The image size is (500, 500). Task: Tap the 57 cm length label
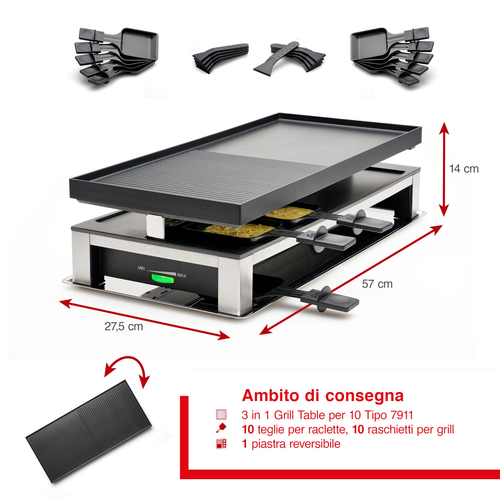coord(377,284)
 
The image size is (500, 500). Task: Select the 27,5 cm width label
coord(124,327)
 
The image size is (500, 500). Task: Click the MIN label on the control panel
coord(141,268)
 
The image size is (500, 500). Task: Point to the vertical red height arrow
coord(444,170)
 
